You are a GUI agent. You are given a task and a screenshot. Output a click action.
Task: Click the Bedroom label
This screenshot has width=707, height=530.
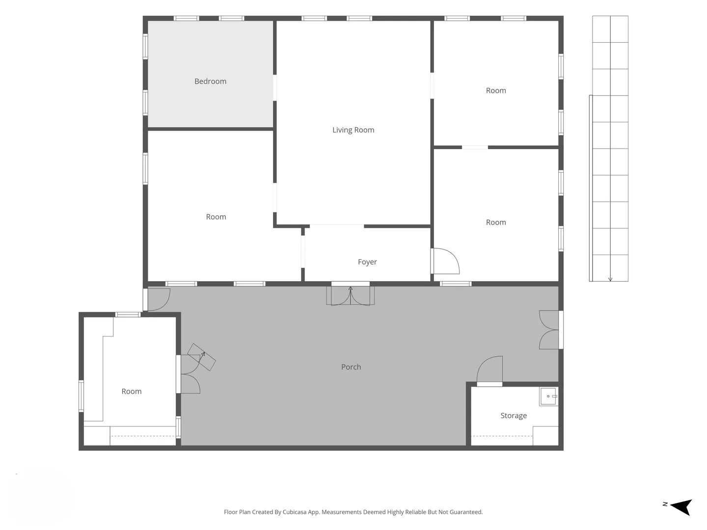point(210,81)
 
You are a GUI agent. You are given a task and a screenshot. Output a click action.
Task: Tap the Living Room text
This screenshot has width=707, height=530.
point(353,130)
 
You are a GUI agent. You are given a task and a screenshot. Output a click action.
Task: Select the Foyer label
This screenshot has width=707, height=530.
point(367,262)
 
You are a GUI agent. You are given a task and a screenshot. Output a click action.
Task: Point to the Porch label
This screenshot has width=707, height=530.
point(351,367)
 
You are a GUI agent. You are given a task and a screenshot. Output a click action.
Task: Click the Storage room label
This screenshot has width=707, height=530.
point(514,416)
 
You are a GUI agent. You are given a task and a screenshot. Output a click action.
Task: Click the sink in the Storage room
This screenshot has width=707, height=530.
point(548,397)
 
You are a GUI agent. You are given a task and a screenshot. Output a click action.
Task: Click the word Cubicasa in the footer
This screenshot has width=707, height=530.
point(295,512)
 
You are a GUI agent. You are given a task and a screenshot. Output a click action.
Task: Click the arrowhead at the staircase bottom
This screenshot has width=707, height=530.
point(610,279)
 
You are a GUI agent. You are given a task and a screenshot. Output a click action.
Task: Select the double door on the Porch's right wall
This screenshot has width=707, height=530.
point(549,330)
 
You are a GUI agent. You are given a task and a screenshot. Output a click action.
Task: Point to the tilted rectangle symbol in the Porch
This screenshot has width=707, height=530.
point(202,357)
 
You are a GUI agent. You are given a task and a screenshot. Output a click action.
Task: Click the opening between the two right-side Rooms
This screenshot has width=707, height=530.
point(475,147)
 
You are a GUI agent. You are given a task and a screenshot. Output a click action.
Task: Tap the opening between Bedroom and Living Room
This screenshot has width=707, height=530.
point(275,88)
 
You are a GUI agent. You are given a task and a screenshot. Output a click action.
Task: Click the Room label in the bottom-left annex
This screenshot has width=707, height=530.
point(132,391)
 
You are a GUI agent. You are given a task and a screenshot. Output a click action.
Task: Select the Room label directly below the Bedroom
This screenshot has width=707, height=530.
point(216,217)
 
